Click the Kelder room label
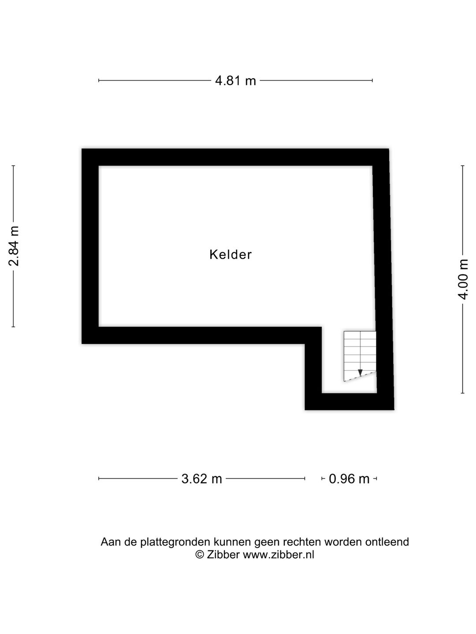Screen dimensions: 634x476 coord(231,254)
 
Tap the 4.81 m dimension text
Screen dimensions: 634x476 coord(235,81)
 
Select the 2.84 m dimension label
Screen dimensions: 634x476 coord(14,246)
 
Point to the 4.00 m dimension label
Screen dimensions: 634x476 coord(463,279)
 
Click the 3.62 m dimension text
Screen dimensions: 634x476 coord(201,479)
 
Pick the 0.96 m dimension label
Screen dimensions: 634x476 coord(349,479)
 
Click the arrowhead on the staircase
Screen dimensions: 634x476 coord(360,373)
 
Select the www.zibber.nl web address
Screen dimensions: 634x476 coord(279,555)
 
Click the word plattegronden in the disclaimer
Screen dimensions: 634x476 coord(176,542)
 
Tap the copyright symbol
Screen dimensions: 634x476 coord(200,555)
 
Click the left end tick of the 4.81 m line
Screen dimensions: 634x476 coord(99,81)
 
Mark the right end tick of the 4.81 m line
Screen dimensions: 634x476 coord(372,81)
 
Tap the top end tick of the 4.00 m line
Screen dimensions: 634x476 coord(462,166)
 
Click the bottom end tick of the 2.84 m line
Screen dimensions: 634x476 coord(13,327)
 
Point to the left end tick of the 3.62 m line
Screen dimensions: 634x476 coord(99,479)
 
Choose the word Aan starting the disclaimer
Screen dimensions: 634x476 coord(111,542)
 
